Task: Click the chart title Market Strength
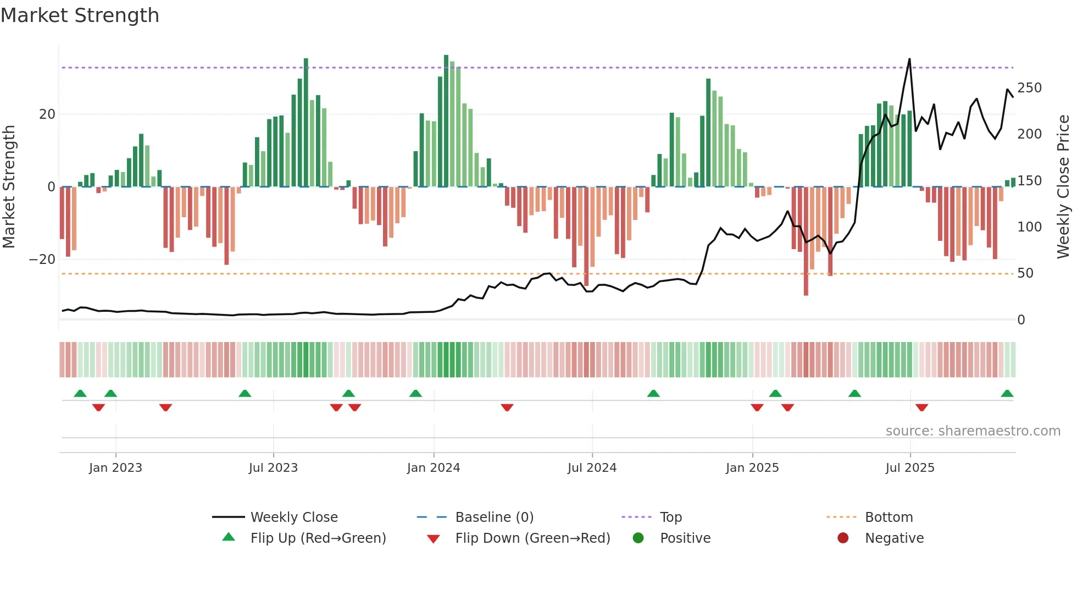pos(80,15)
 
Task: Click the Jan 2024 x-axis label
pos(433,468)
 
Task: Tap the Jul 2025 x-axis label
pos(909,468)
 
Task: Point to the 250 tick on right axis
pos(1029,88)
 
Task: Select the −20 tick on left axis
pos(42,260)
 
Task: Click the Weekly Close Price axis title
pos(1063,186)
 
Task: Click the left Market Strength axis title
pos(9,186)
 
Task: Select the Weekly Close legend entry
pos(293,517)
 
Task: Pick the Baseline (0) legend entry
pos(494,517)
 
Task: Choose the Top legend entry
pos(670,517)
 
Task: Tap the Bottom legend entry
pos(888,517)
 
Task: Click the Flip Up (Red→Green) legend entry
pos(318,538)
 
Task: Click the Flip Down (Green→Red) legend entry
pos(532,538)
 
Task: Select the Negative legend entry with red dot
pos(893,538)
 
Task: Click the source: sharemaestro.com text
pos(973,431)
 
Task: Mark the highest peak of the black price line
pos(909,59)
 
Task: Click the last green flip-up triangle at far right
pos(1007,394)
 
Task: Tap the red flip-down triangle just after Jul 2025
pos(921,407)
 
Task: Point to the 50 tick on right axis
pos(1025,273)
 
